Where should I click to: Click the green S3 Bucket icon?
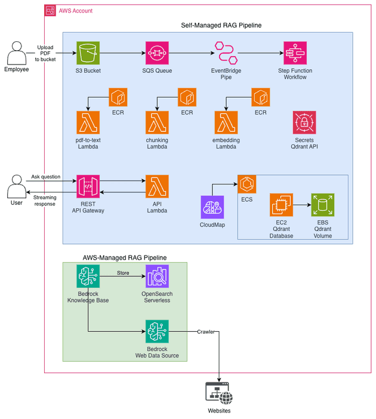(x=88, y=53)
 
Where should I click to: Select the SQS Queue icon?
(x=157, y=53)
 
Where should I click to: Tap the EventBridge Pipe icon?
(x=225, y=53)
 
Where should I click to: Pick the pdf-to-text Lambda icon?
(x=88, y=122)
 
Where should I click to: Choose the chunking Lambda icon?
(x=157, y=122)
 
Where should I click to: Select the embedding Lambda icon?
(x=226, y=122)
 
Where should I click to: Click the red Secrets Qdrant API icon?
(x=304, y=122)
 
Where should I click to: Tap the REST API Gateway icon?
(x=88, y=186)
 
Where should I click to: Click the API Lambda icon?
(x=157, y=186)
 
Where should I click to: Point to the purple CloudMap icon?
(x=212, y=207)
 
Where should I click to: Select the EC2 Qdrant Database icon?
(x=281, y=205)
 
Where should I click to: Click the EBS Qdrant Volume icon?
(x=322, y=205)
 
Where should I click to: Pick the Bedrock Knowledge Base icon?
(x=88, y=276)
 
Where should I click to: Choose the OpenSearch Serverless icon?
(x=157, y=276)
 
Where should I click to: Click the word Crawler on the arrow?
(x=207, y=332)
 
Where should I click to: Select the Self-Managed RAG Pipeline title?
(x=221, y=25)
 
